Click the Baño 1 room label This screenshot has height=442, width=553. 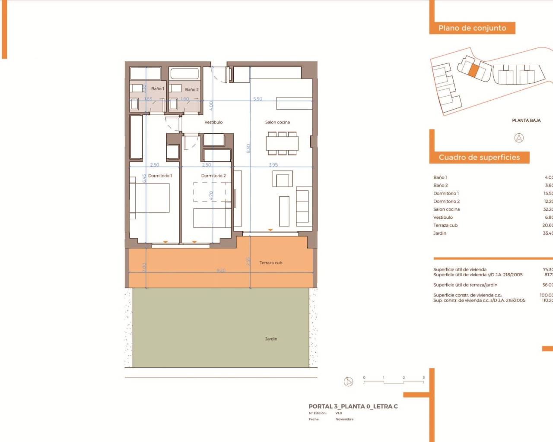click(157, 88)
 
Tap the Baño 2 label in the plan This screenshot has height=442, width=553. click(192, 90)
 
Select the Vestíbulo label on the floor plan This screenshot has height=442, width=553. click(213, 122)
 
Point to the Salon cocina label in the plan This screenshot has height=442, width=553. click(277, 122)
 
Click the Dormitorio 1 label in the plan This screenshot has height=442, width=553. click(160, 176)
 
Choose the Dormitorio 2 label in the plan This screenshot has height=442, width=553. click(213, 176)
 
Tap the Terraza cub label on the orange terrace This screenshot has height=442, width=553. click(271, 262)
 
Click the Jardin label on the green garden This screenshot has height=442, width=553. click(271, 339)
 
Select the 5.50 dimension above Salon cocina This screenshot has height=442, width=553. click(257, 99)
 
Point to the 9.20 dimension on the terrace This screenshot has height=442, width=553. click(221, 271)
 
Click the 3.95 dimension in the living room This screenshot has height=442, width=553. click(273, 165)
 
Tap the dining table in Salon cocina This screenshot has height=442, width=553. click(282, 143)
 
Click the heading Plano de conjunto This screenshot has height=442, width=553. click(472, 28)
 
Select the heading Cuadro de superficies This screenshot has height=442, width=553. click(479, 158)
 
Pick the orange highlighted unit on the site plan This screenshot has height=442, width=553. click(474, 71)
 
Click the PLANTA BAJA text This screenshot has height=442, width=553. click(526, 120)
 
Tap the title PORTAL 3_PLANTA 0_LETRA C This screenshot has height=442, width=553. click(353, 406)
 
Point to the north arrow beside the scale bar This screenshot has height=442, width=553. click(348, 382)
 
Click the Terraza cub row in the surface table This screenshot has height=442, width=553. click(445, 225)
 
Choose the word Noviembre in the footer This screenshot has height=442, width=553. click(344, 419)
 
